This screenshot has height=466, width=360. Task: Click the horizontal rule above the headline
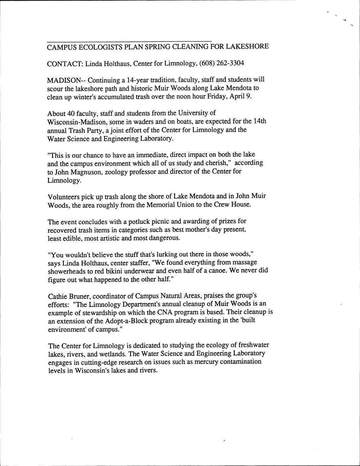coord(130,41)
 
